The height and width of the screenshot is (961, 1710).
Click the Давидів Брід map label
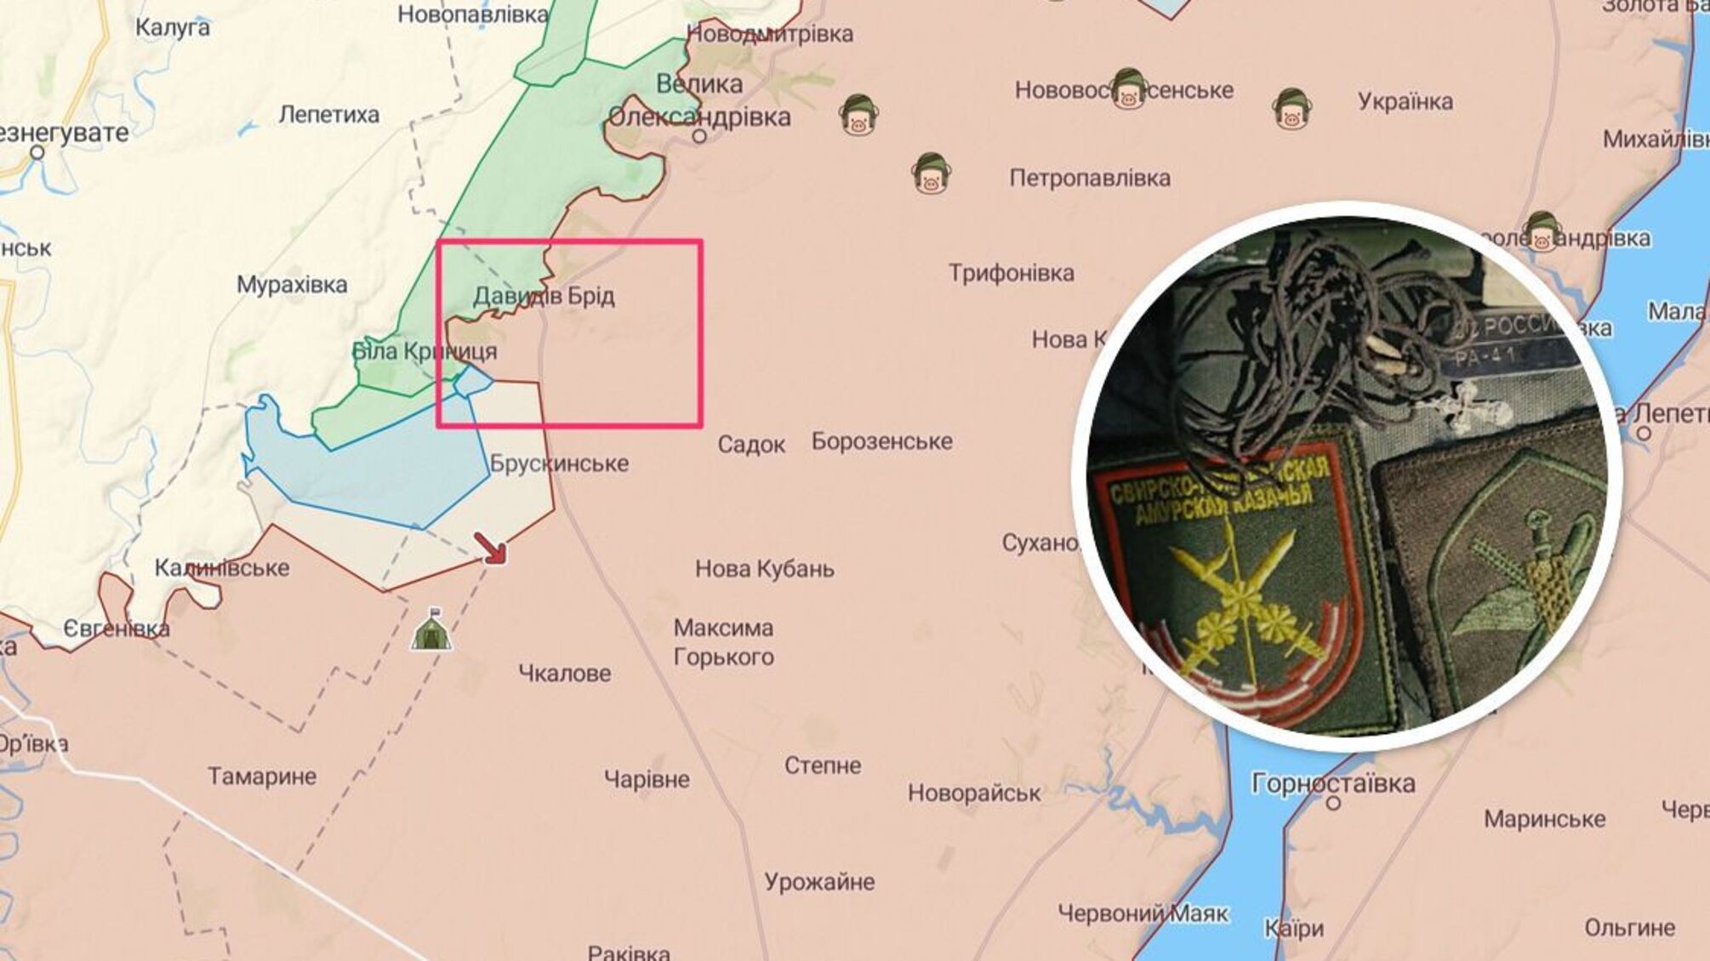[544, 297]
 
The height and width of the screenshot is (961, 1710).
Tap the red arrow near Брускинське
[491, 549]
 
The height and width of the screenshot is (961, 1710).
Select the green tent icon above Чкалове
[431, 631]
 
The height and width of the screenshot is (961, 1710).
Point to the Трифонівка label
[1011, 274]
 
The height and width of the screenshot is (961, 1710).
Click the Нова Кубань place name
[764, 569]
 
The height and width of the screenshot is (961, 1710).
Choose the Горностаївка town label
[1332, 782]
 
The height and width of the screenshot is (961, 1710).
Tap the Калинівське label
[221, 568]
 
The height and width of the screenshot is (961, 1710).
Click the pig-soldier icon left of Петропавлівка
[931, 174]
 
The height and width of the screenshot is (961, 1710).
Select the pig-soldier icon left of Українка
[1291, 109]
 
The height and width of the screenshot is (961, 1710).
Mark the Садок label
[751, 445]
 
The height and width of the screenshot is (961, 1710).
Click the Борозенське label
[881, 442]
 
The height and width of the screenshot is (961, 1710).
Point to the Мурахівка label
[292, 285]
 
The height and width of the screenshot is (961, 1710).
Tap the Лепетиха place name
[329, 115]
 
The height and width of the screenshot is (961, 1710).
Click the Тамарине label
[262, 776]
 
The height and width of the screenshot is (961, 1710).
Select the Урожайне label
[818, 882]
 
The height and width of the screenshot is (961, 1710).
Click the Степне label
[822, 765]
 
